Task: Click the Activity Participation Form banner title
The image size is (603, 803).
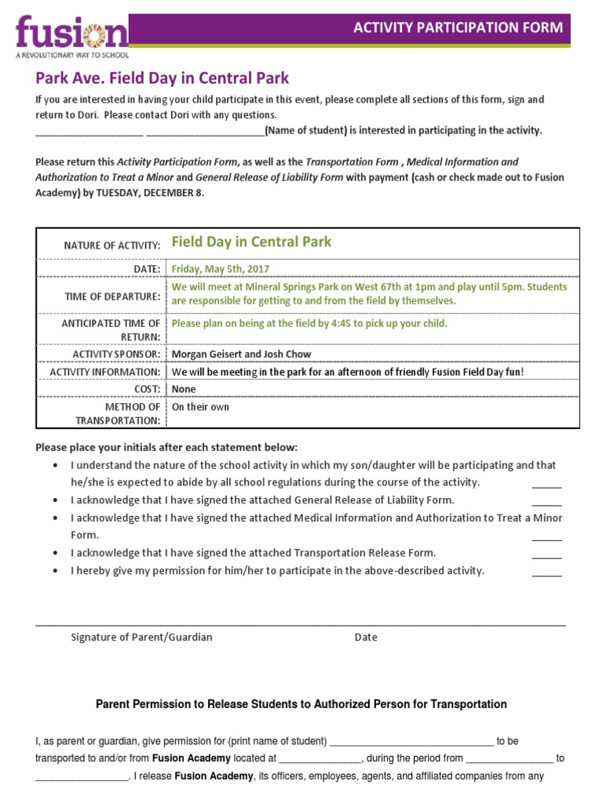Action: click(x=458, y=28)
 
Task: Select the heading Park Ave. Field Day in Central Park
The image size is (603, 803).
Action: click(x=162, y=78)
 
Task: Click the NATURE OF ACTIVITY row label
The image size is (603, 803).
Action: click(x=111, y=245)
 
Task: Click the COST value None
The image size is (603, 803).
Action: click(x=184, y=389)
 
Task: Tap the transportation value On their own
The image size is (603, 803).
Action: click(x=200, y=407)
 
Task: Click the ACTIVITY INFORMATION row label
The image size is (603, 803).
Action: click(x=104, y=372)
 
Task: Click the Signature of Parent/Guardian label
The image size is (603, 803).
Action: click(x=141, y=637)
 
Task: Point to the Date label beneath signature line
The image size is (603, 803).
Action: click(x=366, y=637)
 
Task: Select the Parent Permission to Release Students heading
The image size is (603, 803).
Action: click(x=301, y=704)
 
